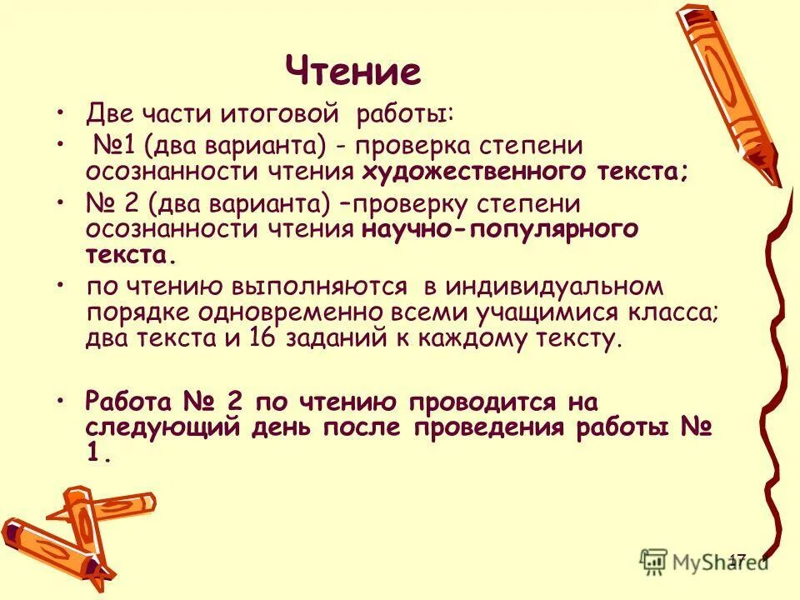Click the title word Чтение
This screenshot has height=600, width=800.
pyautogui.click(x=353, y=72)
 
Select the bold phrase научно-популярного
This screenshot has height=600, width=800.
pyautogui.click(x=500, y=229)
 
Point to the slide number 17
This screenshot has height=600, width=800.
pyautogui.click(x=737, y=559)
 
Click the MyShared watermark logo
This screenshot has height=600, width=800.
pyautogui.click(x=704, y=559)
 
